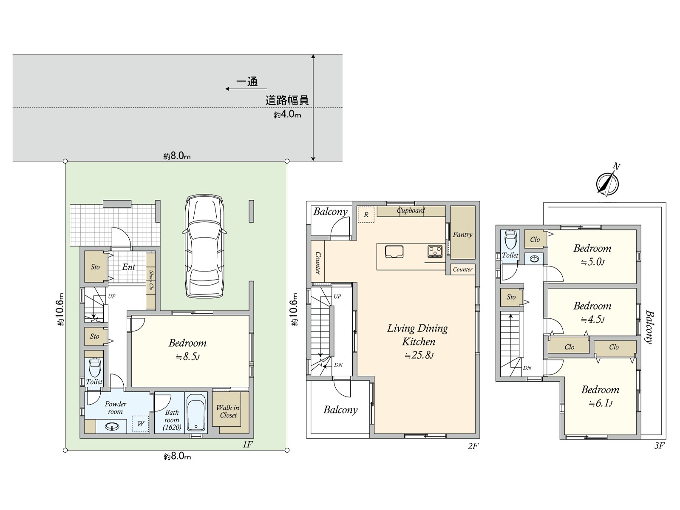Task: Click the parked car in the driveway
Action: coord(204,246)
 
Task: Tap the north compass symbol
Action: coord(608,183)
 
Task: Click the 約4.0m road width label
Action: coord(287,114)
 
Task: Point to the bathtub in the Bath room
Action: coord(196,412)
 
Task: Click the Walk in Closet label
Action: coord(228,411)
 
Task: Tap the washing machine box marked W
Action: coord(140,424)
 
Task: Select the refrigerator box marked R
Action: coord(366,215)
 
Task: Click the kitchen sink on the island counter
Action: coord(394,251)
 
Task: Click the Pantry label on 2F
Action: coord(462,234)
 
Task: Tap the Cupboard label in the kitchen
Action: coord(411,210)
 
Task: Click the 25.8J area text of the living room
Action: coord(419,355)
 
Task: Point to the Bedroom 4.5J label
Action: coord(592,312)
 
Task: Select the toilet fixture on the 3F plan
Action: coord(510,240)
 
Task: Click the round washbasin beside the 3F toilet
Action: coord(534,258)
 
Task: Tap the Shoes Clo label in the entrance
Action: coord(151,280)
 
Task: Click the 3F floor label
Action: coord(659,445)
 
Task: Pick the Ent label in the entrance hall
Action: coord(128,267)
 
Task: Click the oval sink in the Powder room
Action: coord(112,426)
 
